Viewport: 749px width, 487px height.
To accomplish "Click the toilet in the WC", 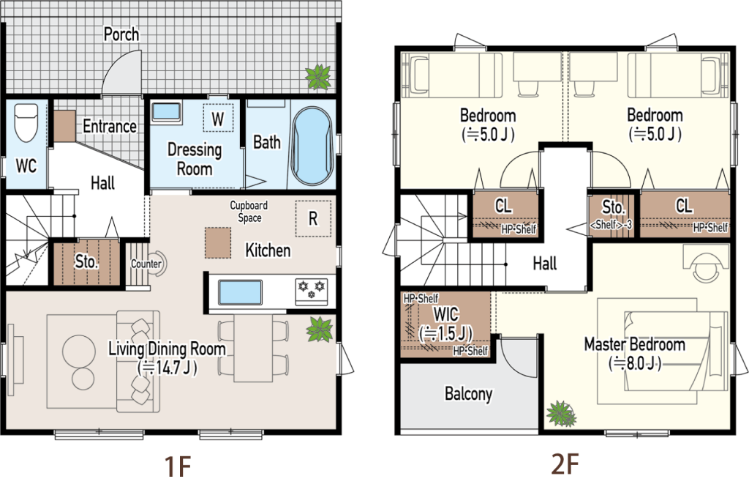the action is tap(26, 122).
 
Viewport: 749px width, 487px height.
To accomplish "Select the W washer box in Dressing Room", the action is tap(218, 118).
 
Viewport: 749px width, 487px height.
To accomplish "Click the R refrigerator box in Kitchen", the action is tap(313, 218).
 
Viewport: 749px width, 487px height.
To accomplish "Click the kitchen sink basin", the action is tap(240, 292).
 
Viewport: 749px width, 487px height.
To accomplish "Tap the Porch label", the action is tap(121, 34).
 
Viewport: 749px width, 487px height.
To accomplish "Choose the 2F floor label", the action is tap(565, 464).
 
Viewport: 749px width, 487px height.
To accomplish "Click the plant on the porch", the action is tap(318, 77).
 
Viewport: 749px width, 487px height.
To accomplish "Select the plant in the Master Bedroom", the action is tap(561, 414).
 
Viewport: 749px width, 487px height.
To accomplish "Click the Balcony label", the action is tap(468, 394).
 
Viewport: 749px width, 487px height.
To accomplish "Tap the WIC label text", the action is tap(446, 314).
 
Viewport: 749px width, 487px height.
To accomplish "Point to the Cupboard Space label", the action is tap(249, 212).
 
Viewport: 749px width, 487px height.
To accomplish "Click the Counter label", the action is tap(146, 264).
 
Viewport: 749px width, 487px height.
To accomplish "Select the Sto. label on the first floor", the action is tap(86, 261).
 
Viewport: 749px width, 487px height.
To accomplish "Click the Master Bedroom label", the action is tap(635, 344).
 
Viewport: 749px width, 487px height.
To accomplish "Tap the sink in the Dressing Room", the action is tap(166, 112).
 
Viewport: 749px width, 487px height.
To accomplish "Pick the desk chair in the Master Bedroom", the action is tap(706, 267).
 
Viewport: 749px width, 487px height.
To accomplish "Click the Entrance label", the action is tap(110, 126).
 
